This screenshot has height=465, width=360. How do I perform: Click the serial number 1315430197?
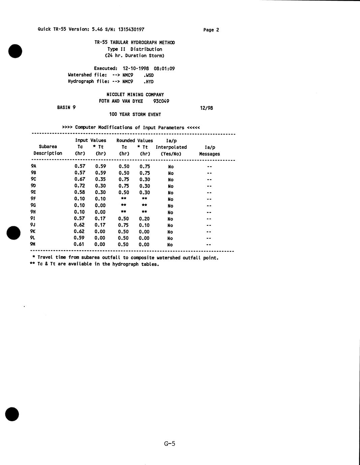click(131, 29)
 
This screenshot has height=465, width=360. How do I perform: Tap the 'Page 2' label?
click(211, 30)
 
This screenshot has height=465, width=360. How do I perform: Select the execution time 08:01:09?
click(164, 69)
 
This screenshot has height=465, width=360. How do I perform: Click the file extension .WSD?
click(148, 75)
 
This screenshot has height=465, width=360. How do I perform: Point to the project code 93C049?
click(161, 101)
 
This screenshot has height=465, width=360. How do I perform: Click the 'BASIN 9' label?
click(66, 107)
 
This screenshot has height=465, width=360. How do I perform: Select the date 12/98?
click(206, 108)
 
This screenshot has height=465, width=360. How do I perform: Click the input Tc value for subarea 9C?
click(80, 179)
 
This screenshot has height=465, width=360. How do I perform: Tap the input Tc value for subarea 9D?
click(80, 186)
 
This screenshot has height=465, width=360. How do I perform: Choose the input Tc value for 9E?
click(80, 192)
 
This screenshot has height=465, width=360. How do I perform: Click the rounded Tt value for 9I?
click(144, 219)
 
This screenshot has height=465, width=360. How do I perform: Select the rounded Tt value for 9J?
click(144, 225)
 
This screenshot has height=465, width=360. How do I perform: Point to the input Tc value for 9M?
click(79, 244)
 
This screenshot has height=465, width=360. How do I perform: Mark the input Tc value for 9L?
click(79, 238)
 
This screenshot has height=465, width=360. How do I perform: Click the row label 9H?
click(33, 212)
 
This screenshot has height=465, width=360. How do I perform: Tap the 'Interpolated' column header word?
click(171, 147)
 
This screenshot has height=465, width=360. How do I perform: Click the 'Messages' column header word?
click(209, 154)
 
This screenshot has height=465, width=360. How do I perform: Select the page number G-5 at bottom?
click(170, 443)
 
